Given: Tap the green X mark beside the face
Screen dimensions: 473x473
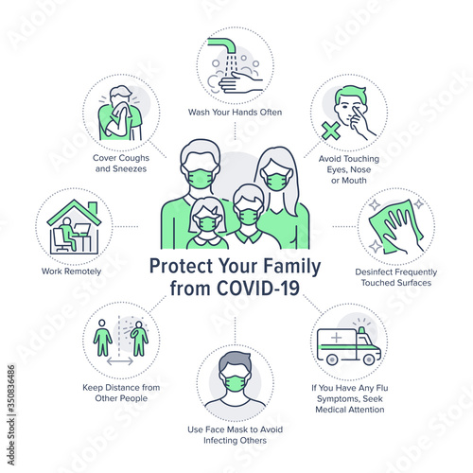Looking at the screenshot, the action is (331, 131).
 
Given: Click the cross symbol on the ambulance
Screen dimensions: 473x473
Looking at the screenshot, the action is (336, 338).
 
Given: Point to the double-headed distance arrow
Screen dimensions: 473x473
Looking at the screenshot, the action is (120, 361).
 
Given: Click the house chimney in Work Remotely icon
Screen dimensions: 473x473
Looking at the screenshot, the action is (93, 208).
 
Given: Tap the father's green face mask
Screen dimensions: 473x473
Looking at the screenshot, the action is (201, 179).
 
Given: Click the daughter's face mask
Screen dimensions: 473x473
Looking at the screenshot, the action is (206, 223).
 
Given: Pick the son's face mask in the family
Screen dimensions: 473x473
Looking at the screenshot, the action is (249, 217).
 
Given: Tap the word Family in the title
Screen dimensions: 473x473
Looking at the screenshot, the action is (292, 267).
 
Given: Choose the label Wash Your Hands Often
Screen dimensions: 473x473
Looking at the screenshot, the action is (235, 113).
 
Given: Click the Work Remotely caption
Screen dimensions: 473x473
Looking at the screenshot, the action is (71, 272).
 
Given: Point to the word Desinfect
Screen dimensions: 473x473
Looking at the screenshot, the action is (375, 272).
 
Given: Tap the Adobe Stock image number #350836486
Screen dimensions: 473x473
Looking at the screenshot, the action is (11, 389).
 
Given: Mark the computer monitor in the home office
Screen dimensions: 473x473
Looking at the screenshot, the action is (82, 229).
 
